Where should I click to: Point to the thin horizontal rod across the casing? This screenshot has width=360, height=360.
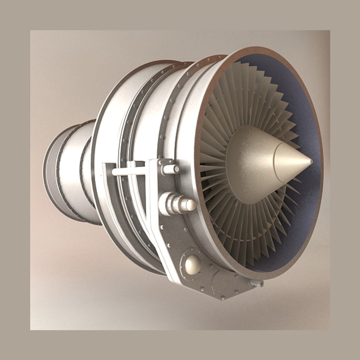[x=130, y=171]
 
